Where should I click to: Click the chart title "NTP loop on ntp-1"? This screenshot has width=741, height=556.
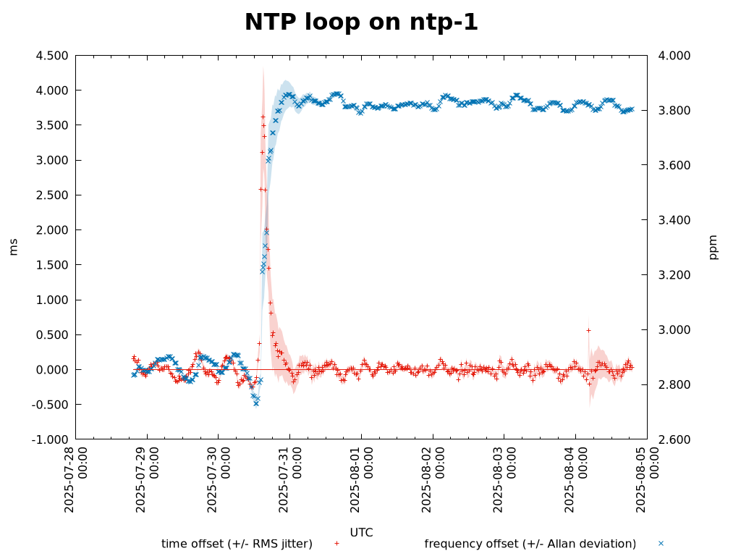pyautogui.click(x=361, y=22)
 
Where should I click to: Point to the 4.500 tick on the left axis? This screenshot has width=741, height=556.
pyautogui.click(x=51, y=56)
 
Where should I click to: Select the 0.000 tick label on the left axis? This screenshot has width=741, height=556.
pyautogui.click(x=51, y=370)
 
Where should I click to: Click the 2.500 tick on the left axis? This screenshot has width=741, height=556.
pyautogui.click(x=51, y=195)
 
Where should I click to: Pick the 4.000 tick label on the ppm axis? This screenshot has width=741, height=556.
pyautogui.click(x=674, y=56)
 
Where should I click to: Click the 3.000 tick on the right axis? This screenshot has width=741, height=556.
pyautogui.click(x=674, y=330)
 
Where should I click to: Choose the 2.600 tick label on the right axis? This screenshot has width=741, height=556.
pyautogui.click(x=674, y=439)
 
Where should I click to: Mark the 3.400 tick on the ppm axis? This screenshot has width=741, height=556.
pyautogui.click(x=674, y=220)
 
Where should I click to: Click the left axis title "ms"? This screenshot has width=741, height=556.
pyautogui.click(x=14, y=247)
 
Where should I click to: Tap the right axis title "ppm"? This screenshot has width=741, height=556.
pyautogui.click(x=714, y=247)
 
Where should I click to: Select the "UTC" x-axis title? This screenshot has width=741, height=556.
pyautogui.click(x=361, y=533)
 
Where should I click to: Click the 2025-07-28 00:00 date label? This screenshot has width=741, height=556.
pyautogui.click(x=75, y=479)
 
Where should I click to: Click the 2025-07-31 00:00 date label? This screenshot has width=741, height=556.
pyautogui.click(x=289, y=479)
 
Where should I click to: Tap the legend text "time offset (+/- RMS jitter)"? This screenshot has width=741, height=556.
pyautogui.click(x=237, y=544)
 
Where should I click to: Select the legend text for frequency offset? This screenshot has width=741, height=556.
pyautogui.click(x=530, y=544)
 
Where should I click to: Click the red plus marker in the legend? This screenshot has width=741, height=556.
pyautogui.click(x=336, y=544)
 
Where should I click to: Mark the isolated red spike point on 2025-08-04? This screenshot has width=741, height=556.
pyautogui.click(x=588, y=330)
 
